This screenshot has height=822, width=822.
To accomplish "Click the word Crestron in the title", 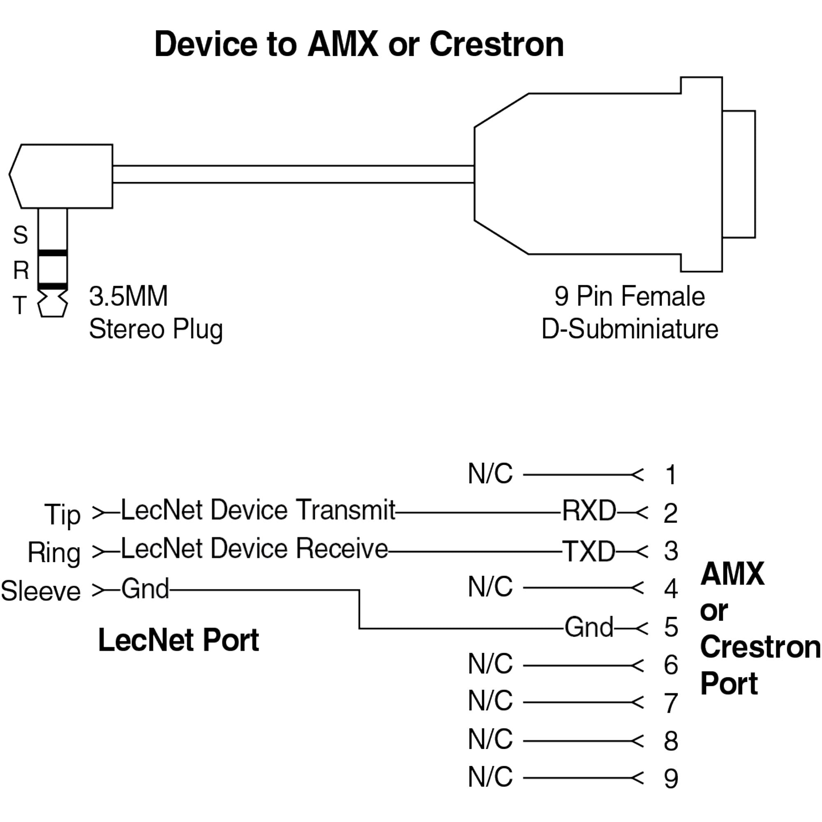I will [x=496, y=44].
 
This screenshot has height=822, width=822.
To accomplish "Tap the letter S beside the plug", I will [x=21, y=235].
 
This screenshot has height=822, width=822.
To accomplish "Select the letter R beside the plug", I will [x=21, y=270].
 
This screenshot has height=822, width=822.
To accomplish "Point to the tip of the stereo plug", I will [x=53, y=304].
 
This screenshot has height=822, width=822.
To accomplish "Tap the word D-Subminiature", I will [x=630, y=329].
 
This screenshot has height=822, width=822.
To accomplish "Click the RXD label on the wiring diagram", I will [x=589, y=510].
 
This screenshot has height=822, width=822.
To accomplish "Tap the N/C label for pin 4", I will [x=490, y=587].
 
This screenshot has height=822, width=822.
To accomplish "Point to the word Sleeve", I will [x=41, y=591].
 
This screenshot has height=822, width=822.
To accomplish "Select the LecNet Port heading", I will [x=178, y=640].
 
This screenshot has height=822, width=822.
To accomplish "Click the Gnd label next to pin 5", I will [x=589, y=627].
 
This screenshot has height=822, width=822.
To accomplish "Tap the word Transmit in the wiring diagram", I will [x=346, y=510].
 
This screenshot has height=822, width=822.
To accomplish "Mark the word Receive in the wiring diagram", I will [x=342, y=549].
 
